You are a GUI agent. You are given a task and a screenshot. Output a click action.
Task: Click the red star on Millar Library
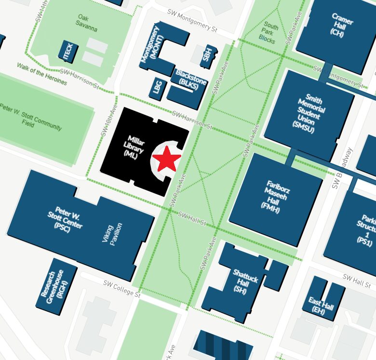coord(167,159)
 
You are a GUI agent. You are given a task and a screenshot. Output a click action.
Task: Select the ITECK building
coord(68,52)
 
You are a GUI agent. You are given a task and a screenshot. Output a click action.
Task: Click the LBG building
coord(158,87)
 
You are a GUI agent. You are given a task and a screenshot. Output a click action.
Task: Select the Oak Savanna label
coord(87,23)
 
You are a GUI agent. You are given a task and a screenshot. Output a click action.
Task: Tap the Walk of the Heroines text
coord(42,74)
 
